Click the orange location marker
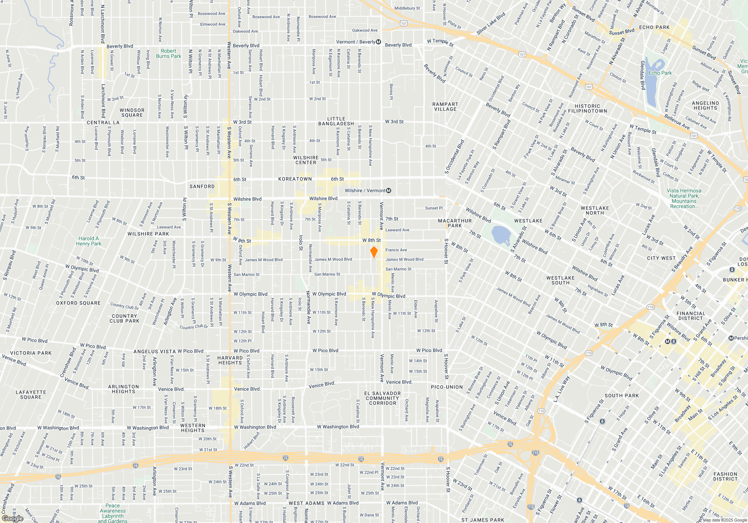click(x=374, y=252)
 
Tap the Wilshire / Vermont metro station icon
click(x=389, y=191)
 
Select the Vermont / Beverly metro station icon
click(x=378, y=42)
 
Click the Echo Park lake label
click(x=660, y=73)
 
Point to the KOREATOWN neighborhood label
click(x=295, y=179)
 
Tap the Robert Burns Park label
click(x=168, y=54)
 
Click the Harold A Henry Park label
click(x=89, y=241)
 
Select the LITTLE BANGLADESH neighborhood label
click(x=336, y=121)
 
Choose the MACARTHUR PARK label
click(x=454, y=223)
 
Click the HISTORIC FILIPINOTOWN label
click(x=587, y=109)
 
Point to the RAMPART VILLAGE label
click(x=445, y=107)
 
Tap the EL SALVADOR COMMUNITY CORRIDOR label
click(x=382, y=398)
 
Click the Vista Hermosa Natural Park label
click(x=684, y=198)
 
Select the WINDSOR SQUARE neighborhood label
click(x=132, y=113)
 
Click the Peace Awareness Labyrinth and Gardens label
click(x=113, y=513)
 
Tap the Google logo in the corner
click(x=13, y=519)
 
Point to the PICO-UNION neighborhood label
click(x=447, y=387)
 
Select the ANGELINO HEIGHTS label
click(x=705, y=106)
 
